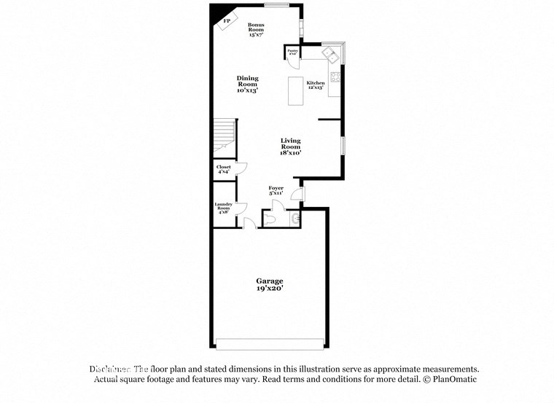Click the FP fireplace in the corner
click(227, 21)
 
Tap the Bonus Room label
click(255, 29)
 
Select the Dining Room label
click(247, 84)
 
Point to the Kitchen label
click(315, 85)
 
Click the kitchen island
click(295, 91)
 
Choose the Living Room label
click(290, 146)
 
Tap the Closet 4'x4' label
click(224, 170)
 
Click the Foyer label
click(276, 191)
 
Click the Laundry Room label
click(223, 208)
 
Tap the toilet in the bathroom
click(270, 219)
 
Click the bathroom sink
click(294, 217)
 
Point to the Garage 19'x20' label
click(269, 284)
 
